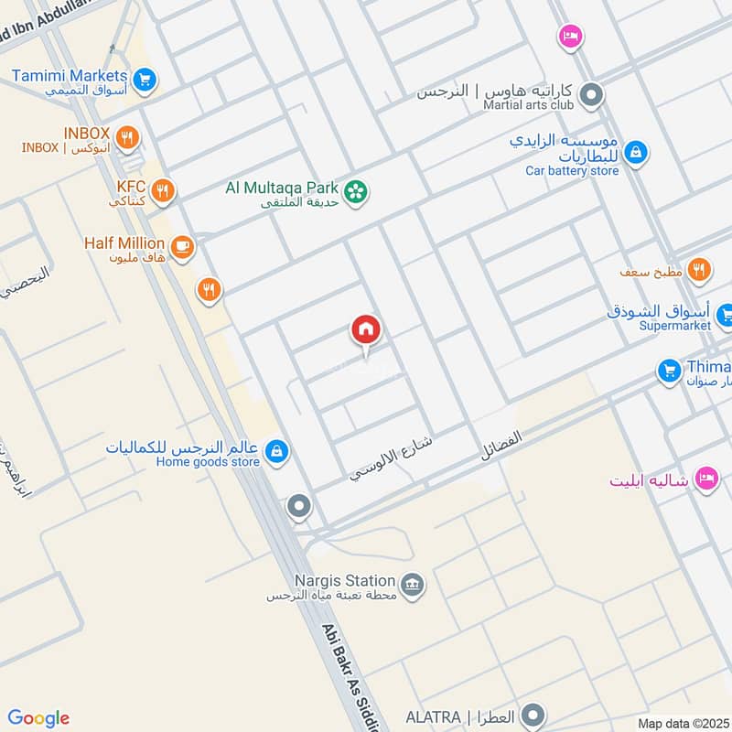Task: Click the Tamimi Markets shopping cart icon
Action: coord(143,81)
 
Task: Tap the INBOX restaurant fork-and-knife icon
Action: coord(127,139)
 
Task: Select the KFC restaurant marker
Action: coord(163,191)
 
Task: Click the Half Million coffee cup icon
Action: coord(182,247)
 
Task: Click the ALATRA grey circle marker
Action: coord(535,715)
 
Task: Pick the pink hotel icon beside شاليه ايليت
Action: coord(705,478)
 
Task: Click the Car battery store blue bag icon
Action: coord(637,153)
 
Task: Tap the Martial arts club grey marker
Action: coord(592,94)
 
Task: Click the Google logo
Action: coord(38,718)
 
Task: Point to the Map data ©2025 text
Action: coord(682,723)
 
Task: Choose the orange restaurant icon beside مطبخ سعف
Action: coord(699,269)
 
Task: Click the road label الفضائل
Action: coord(501,446)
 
